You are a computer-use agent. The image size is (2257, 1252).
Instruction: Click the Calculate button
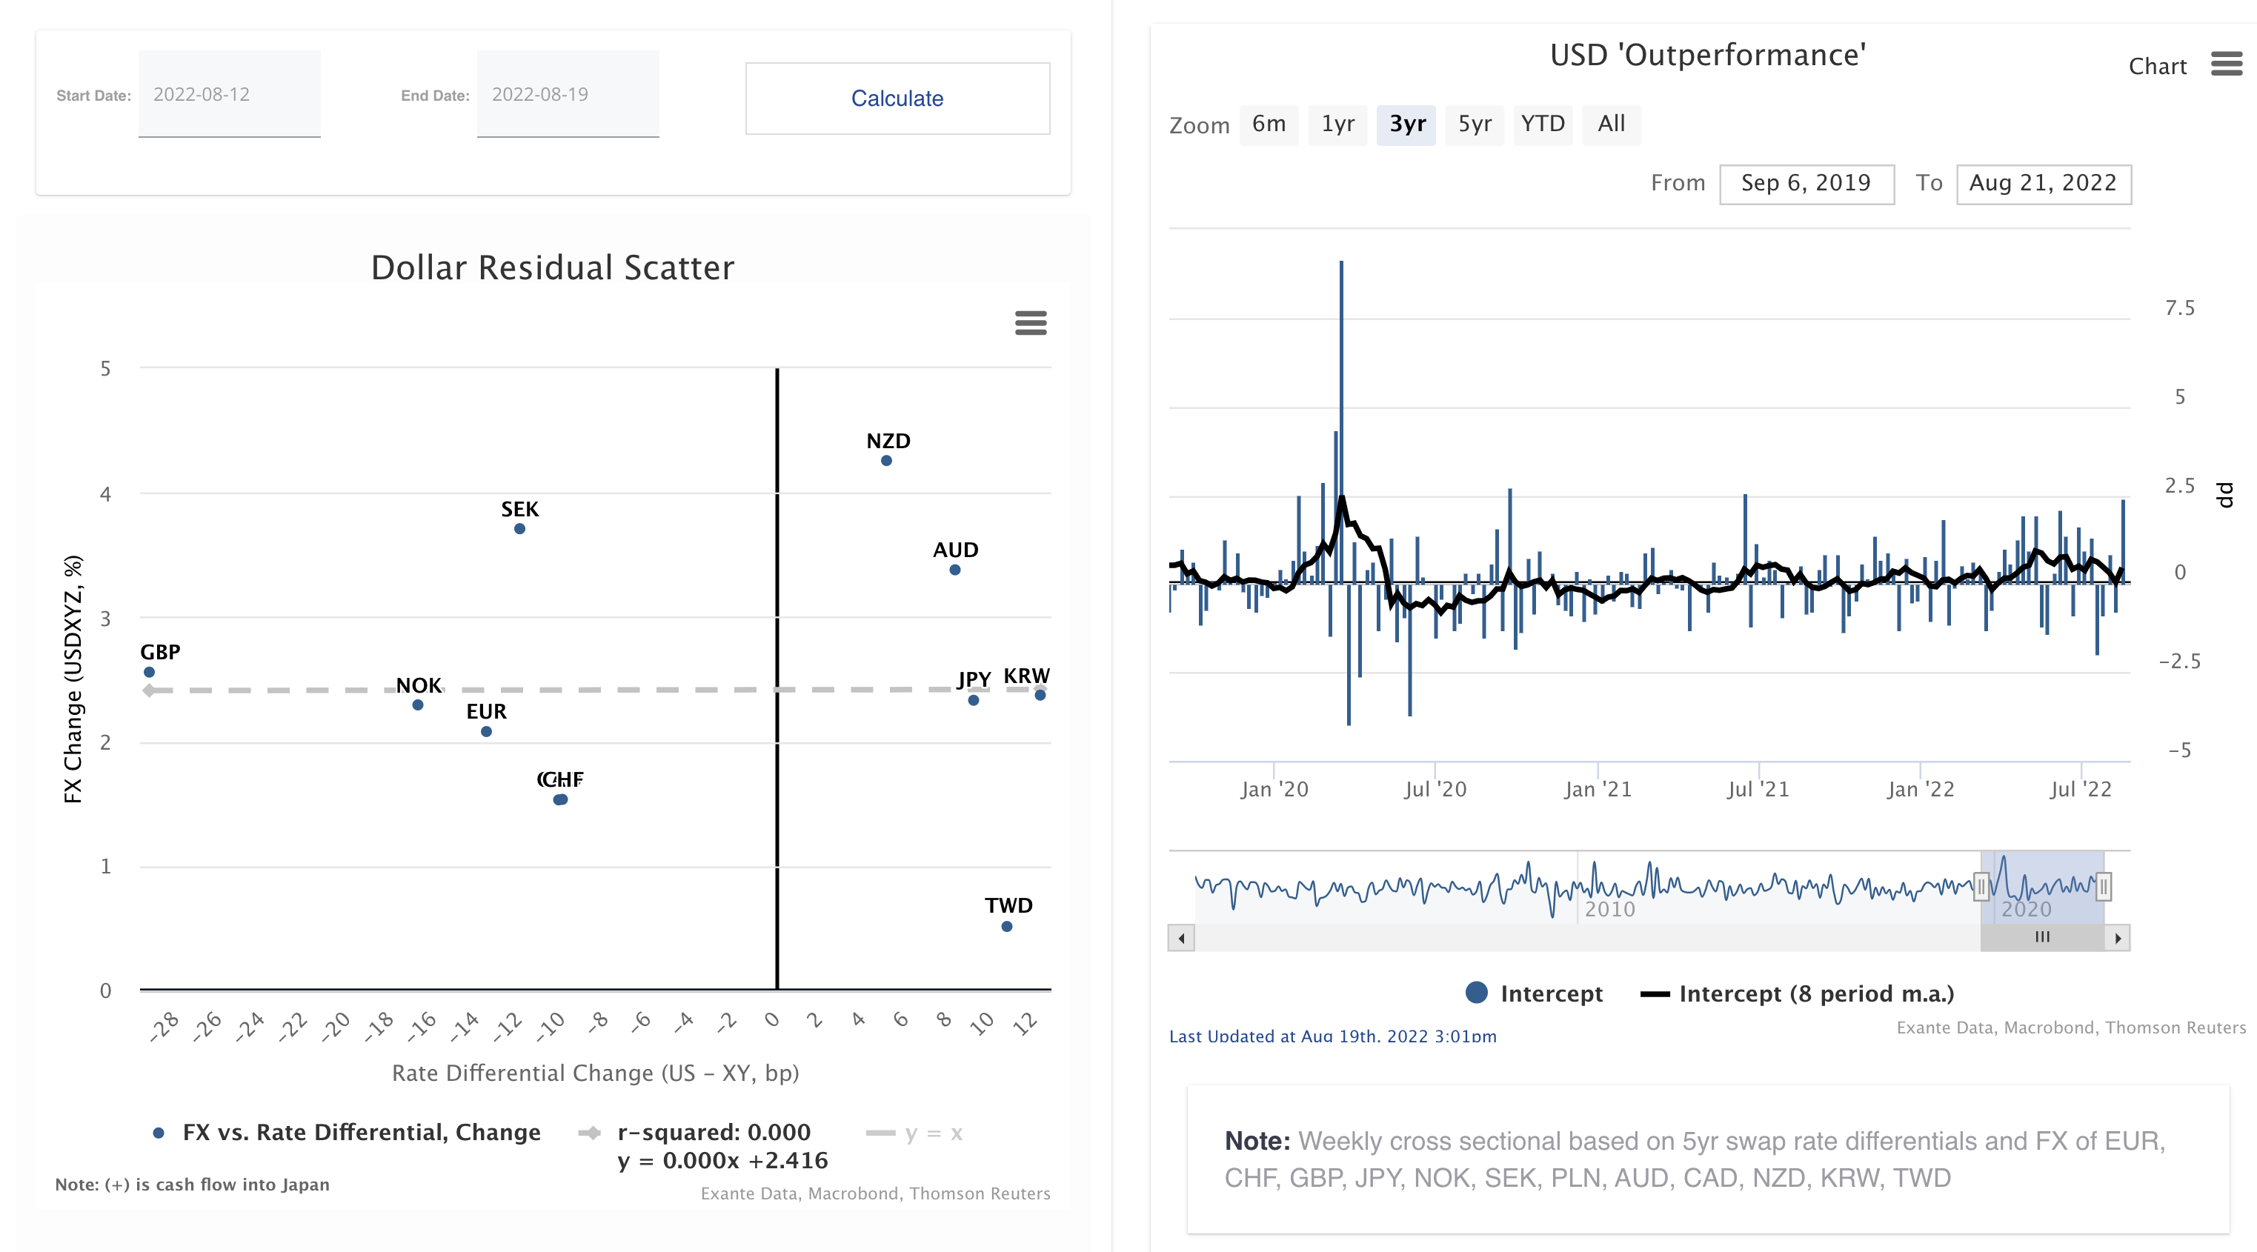[x=897, y=98]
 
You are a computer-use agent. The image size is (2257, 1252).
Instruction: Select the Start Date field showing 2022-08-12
[x=229, y=94]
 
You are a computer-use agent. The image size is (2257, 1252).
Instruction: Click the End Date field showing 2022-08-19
[x=568, y=94]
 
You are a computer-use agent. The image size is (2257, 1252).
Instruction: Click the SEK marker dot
[x=519, y=529]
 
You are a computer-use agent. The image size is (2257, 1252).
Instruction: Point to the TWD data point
[x=1007, y=927]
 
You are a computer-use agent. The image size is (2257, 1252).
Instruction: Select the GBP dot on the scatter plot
[x=149, y=673]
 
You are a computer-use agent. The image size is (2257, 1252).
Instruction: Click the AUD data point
[x=955, y=570]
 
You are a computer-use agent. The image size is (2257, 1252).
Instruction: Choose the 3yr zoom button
[x=1406, y=124]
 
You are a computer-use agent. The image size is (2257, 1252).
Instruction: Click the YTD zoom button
[x=1542, y=124]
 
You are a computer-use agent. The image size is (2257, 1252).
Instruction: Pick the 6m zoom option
[x=1268, y=124]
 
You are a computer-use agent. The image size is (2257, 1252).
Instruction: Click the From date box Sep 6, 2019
[x=1806, y=183]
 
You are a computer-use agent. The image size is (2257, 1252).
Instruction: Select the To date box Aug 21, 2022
[x=2042, y=183]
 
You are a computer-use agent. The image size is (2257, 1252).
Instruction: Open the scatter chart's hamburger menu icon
[x=1031, y=323]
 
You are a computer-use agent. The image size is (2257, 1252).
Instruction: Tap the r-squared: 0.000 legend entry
[x=714, y=1133]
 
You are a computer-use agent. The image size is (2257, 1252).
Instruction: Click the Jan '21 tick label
[x=1598, y=790]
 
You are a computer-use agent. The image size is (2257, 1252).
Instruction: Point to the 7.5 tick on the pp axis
[x=2179, y=308]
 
